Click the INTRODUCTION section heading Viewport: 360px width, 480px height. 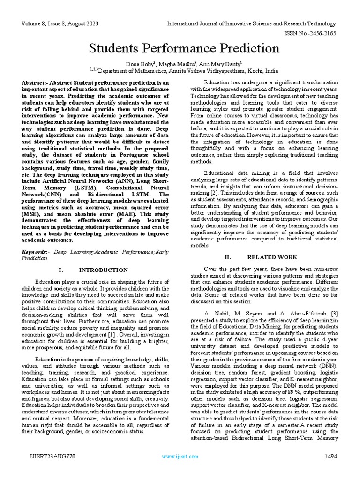click(x=103, y=270)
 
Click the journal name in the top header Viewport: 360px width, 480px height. click(x=252, y=23)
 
